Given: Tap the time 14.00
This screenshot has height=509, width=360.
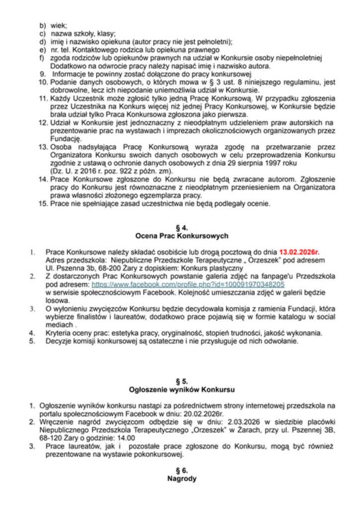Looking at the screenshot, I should pos(126,438).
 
